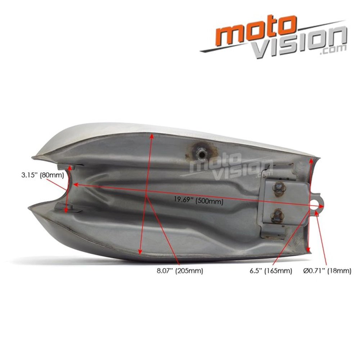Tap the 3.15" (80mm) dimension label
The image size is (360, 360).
(42, 176)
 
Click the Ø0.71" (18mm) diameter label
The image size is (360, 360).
(327, 271)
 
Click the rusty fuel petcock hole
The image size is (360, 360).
(201, 152)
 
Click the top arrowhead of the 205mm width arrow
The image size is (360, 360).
(152, 136)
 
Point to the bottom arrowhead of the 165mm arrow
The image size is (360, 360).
(309, 250)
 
